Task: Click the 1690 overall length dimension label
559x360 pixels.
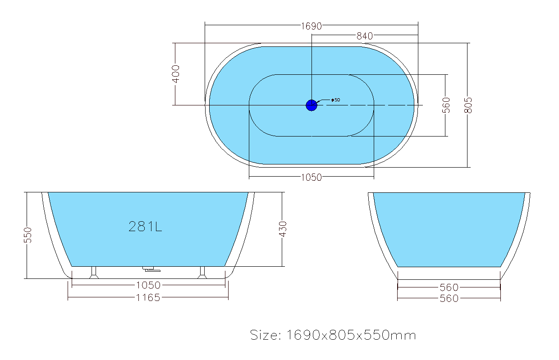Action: point(311,26)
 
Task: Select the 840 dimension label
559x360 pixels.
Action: point(365,36)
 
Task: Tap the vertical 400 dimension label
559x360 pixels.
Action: point(176,74)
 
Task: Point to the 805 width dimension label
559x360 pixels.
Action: point(468,105)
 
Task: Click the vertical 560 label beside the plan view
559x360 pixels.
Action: point(446,105)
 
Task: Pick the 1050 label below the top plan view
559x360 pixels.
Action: point(311,178)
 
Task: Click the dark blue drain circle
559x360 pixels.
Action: point(312,105)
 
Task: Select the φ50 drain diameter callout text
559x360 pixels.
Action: point(336,100)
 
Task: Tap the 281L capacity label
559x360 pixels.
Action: point(145,227)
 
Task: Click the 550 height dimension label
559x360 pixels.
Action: point(27,235)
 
